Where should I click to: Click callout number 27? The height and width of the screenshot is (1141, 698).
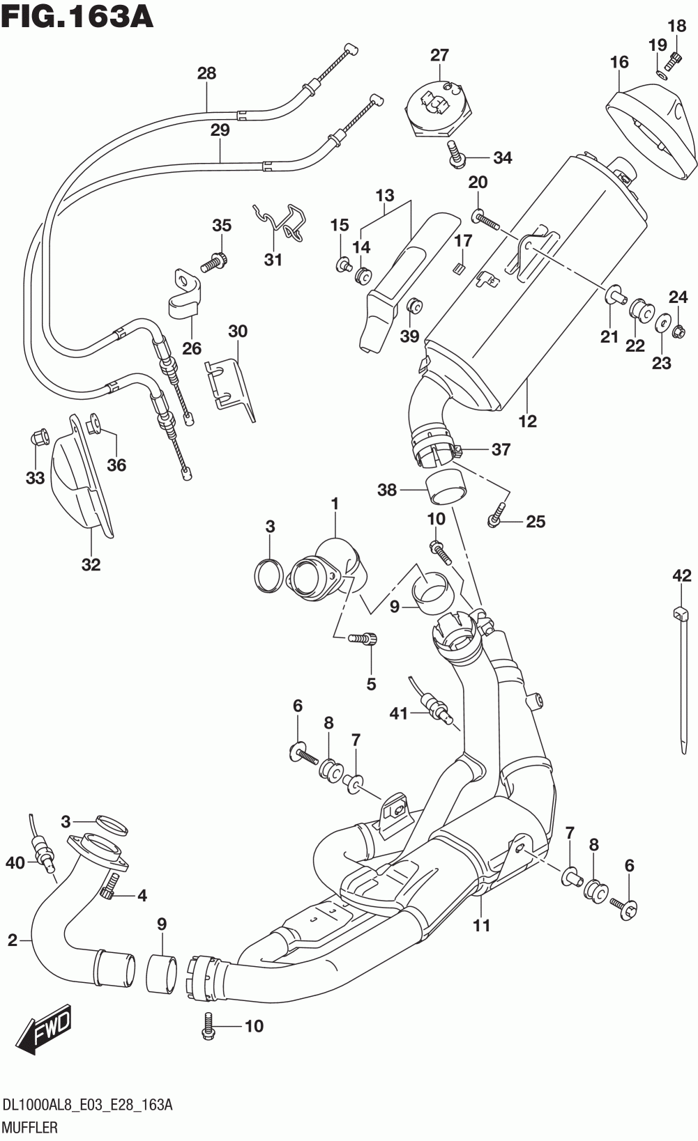439,55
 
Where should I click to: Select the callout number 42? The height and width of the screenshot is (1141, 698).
682,575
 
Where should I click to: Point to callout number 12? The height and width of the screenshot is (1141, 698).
528,421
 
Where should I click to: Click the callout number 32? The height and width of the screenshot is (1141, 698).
91,564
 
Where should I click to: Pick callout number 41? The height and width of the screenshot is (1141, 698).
399,713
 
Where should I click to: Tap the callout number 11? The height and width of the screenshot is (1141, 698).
482,925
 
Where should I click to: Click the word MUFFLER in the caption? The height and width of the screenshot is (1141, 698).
30,1127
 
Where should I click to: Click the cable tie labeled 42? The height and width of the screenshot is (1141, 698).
682,679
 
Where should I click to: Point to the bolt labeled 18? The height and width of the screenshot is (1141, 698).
674,61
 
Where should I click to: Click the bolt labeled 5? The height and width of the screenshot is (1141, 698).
363,638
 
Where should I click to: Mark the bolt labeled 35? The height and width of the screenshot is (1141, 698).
213,262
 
